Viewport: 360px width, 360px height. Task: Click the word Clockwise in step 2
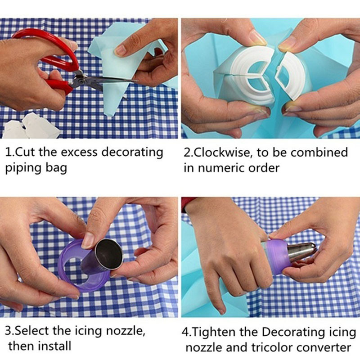coord(221,152)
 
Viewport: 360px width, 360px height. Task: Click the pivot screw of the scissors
coord(80,81)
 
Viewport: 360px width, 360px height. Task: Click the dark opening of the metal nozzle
coord(108,254)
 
